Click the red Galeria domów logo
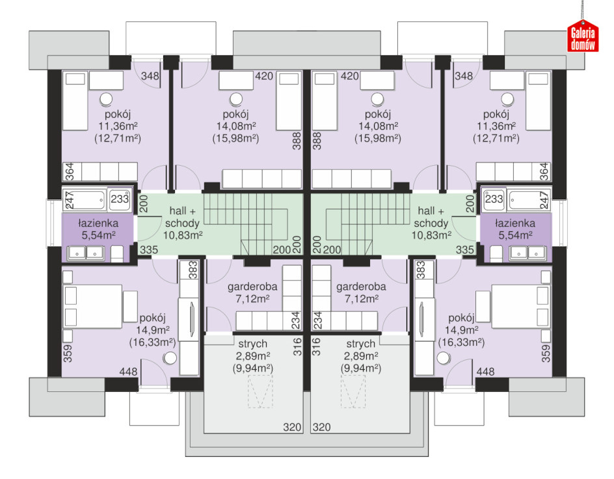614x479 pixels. pos(583,36)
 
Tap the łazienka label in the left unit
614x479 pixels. pos(98,224)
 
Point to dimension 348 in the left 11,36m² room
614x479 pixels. pos(150,75)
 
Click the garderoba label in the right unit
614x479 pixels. pos(361,287)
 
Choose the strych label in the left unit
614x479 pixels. pos(253,344)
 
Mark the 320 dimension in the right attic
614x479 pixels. pos(321,427)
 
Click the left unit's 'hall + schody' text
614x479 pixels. pos(183,217)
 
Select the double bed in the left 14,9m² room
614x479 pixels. pos(93,306)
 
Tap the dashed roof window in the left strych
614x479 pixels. pos(260,392)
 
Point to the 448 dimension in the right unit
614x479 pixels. pos(485,371)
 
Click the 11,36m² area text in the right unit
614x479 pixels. pos(496,126)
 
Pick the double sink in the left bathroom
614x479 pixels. pos(86,253)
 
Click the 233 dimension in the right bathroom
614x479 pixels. pos(494,199)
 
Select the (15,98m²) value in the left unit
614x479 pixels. pos(235,138)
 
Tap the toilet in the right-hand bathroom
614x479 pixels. pos(496,254)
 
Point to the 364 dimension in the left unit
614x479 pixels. pos(70,172)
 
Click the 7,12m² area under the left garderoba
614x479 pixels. pos(252,299)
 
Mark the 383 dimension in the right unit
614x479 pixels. pos(421,270)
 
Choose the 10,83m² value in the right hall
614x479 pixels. pos(431,235)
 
